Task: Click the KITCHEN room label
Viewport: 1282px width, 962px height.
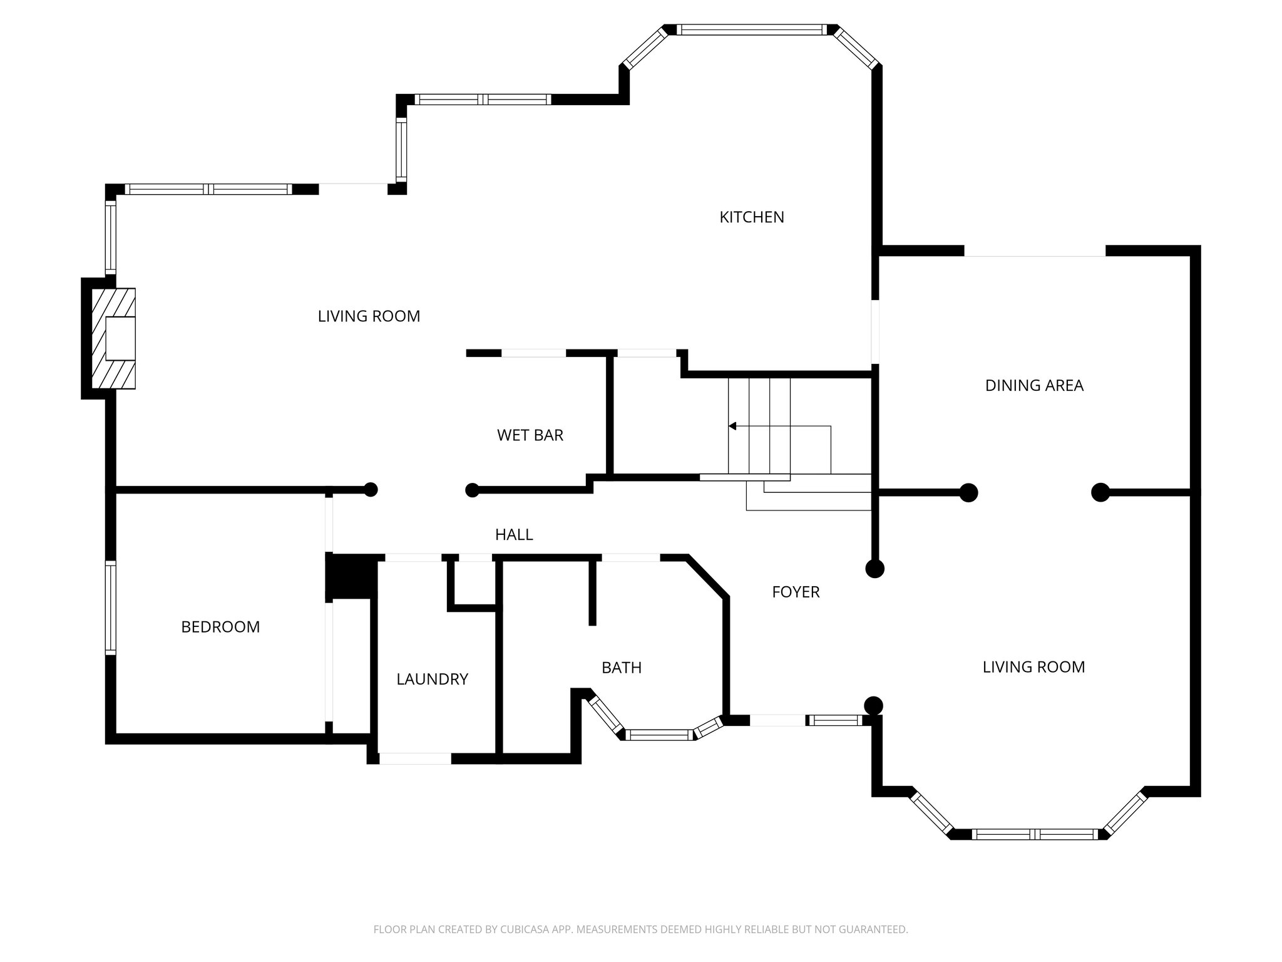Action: click(751, 217)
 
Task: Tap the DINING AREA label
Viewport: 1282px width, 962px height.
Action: click(1033, 386)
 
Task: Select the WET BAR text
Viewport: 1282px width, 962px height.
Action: click(530, 435)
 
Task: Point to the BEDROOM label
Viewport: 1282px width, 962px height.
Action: click(220, 627)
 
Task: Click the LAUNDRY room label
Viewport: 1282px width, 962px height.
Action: click(432, 679)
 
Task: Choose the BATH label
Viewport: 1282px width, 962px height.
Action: click(621, 668)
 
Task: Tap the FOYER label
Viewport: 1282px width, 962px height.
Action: click(795, 592)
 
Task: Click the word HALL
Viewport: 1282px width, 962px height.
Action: click(513, 535)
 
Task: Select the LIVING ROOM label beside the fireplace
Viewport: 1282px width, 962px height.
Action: click(369, 316)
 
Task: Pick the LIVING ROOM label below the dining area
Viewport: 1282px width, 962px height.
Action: click(1033, 667)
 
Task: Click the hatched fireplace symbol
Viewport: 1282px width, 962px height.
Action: click(114, 338)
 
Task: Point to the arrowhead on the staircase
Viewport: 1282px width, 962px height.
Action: click(732, 427)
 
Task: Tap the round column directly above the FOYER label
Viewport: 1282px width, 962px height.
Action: click(874, 569)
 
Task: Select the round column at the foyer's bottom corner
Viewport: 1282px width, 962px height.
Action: click(873, 706)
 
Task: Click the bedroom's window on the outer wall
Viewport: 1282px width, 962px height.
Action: click(110, 608)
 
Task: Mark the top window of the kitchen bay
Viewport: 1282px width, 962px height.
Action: click(751, 29)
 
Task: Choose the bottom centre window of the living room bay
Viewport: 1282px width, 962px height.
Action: click(1034, 834)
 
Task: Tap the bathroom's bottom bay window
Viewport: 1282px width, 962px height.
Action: click(659, 735)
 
